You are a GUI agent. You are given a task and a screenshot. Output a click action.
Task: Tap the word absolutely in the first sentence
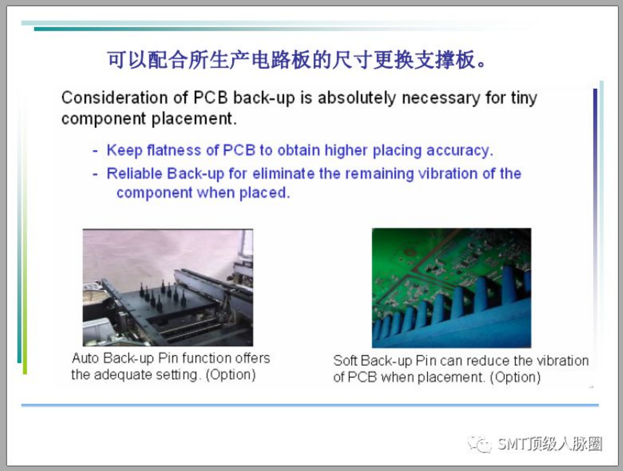[357, 98]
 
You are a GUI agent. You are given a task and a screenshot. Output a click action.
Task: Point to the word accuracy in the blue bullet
[460, 151]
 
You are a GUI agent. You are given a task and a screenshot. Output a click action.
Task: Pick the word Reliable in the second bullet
[134, 173]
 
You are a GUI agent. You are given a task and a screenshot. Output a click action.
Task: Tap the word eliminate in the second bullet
[283, 173]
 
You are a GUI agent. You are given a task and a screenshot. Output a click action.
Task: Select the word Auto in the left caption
[85, 358]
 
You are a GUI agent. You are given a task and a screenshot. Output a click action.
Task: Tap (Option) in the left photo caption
[231, 375]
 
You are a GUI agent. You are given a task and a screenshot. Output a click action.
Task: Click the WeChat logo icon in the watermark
[480, 444]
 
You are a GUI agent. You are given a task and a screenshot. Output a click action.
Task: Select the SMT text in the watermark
[512, 444]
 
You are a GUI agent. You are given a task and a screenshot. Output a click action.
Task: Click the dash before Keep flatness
[95, 151]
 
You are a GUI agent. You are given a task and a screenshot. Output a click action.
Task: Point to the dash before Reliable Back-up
[95, 174]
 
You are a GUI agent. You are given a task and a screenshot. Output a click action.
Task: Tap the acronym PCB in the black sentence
[211, 98]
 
